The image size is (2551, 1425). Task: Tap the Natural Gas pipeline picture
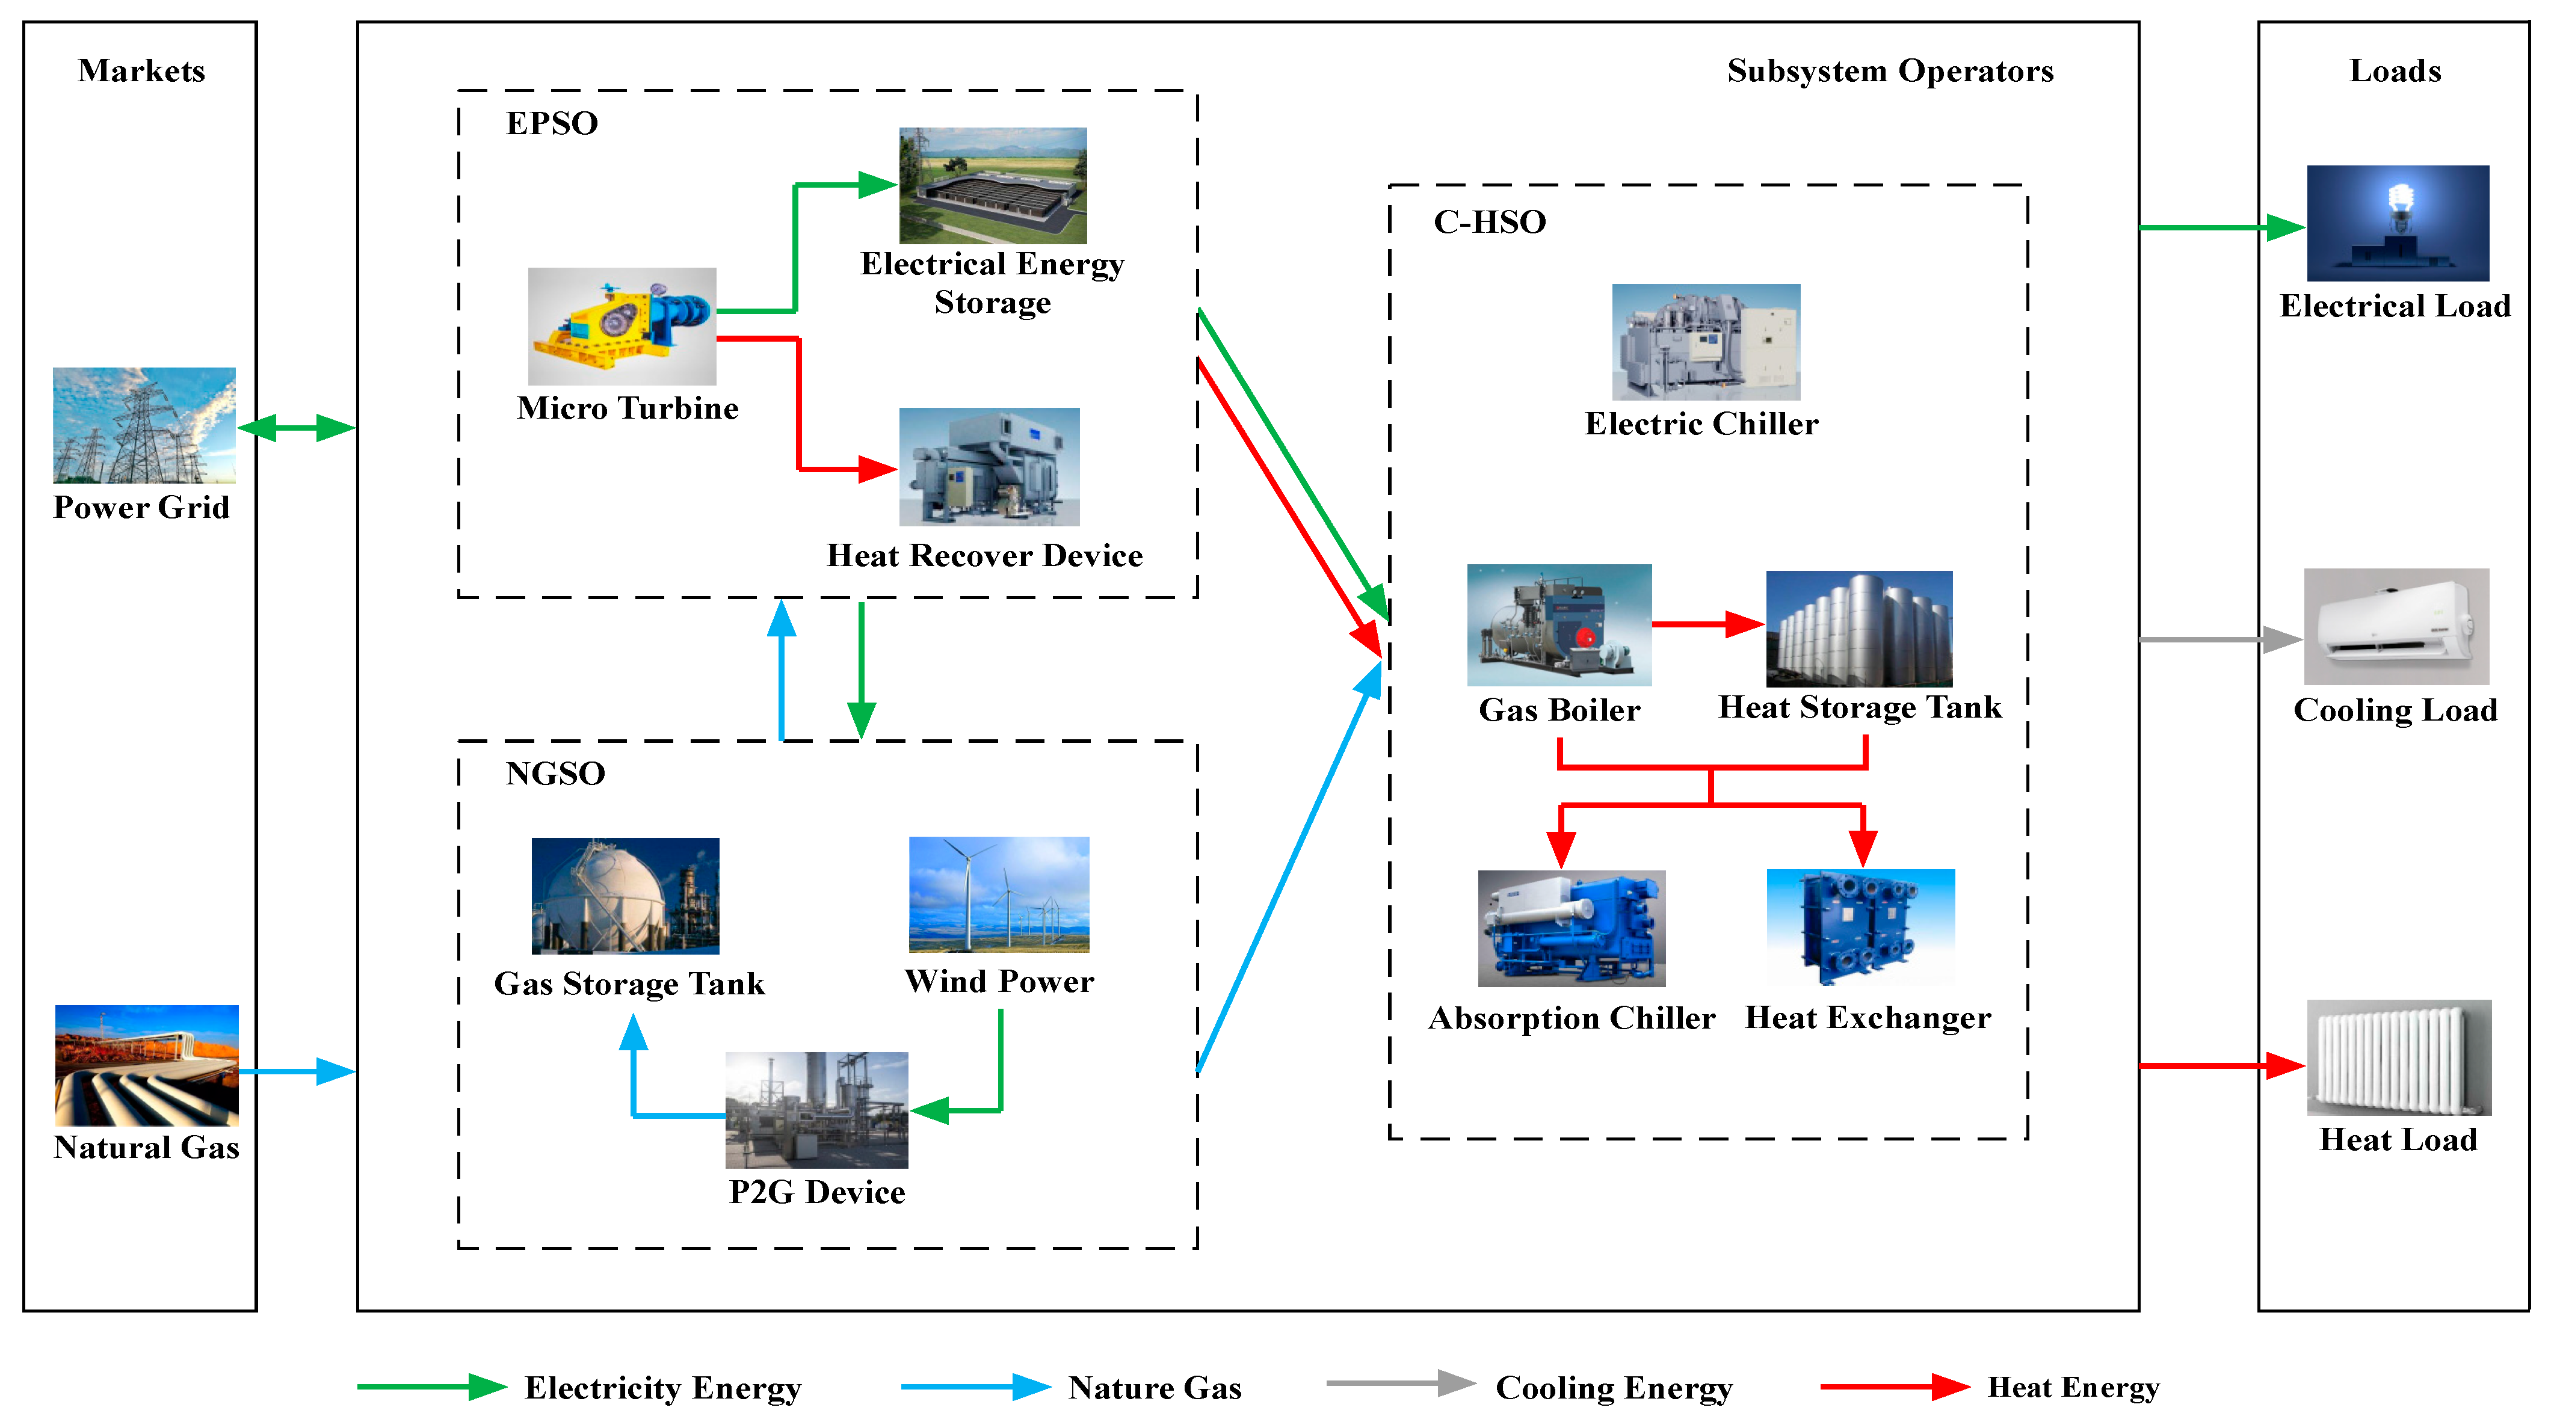pos(147,1065)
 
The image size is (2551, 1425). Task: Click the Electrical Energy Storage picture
pos(992,185)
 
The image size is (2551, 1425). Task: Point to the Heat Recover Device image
pos(989,466)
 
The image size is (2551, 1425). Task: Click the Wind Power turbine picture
pos(998,894)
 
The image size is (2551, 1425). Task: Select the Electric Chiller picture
pos(1705,342)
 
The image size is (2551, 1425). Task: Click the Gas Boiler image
pos(1559,625)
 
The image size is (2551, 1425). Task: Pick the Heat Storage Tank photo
pos(1858,628)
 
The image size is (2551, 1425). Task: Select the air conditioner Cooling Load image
pos(2396,626)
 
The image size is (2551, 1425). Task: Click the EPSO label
pos(552,124)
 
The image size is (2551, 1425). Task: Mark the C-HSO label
pos(1488,222)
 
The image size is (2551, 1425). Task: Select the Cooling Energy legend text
pos(1613,1387)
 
